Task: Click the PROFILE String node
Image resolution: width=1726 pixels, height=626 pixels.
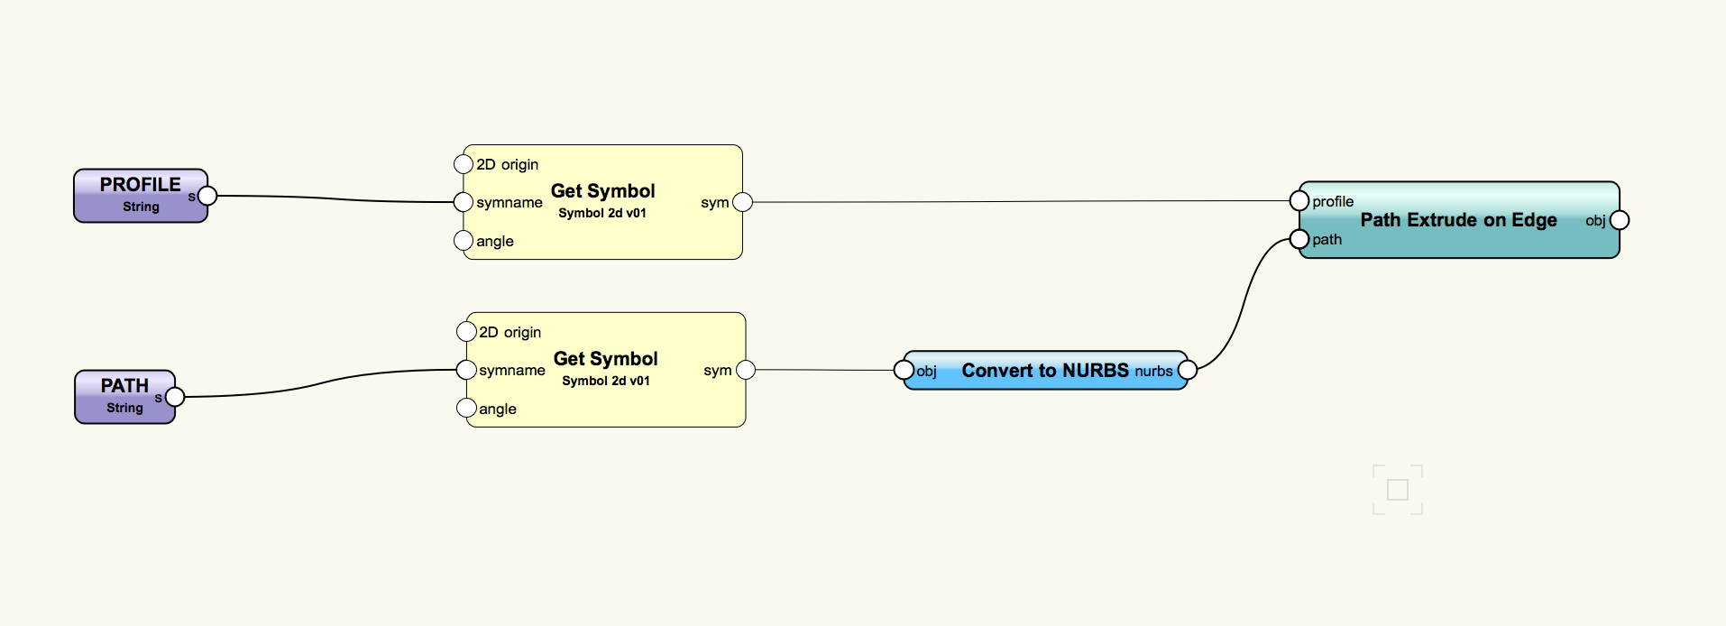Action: click(x=140, y=195)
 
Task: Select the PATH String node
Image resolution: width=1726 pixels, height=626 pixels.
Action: click(x=124, y=396)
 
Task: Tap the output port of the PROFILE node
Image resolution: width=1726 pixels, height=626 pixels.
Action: click(x=207, y=196)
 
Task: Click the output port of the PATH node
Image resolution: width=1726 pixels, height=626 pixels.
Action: click(x=175, y=397)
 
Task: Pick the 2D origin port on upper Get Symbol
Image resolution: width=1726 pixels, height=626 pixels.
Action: click(x=464, y=164)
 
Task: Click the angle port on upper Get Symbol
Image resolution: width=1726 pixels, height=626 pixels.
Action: click(x=464, y=241)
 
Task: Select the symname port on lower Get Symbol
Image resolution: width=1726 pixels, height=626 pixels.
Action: click(x=466, y=370)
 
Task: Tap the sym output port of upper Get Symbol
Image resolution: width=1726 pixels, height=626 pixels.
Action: click(x=743, y=202)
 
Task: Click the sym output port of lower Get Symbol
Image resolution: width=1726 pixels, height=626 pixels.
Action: click(x=746, y=370)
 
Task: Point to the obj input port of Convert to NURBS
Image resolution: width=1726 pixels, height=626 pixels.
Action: click(x=904, y=370)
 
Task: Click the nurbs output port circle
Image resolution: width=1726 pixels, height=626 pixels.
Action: click(x=1188, y=370)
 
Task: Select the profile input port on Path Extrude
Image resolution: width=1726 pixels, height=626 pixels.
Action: click(x=1299, y=200)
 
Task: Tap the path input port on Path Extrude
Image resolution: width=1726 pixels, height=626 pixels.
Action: click(x=1299, y=239)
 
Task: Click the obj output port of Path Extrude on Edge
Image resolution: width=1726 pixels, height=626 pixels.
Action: click(x=1620, y=220)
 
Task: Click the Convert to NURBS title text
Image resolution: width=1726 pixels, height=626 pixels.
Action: click(x=1045, y=371)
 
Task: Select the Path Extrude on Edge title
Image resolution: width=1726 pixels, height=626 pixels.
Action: click(x=1458, y=220)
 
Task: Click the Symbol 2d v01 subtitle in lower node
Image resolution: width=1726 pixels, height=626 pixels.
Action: click(x=606, y=381)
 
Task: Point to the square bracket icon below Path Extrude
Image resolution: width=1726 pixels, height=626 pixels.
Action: click(x=1398, y=490)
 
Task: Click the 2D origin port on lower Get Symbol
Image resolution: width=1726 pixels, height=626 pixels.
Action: click(x=466, y=332)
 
